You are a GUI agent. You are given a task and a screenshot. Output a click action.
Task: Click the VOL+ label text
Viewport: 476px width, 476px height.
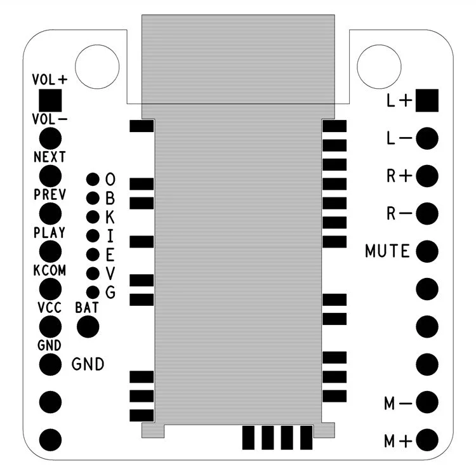tap(50, 79)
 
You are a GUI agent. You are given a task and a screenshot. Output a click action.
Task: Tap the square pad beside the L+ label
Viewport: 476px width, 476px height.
tap(427, 100)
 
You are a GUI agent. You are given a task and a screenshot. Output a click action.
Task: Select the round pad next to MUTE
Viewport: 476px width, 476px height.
tap(427, 251)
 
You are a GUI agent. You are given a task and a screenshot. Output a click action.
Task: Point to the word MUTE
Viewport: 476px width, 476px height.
tap(387, 251)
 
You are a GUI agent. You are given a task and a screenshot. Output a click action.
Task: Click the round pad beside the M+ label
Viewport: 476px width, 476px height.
tap(427, 440)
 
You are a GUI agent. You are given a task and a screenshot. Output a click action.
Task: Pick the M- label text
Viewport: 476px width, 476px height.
tap(399, 404)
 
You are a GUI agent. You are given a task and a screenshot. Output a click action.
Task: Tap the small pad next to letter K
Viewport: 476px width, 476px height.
tap(93, 217)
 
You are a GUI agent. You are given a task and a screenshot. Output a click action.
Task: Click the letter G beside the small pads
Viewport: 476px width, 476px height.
tap(110, 293)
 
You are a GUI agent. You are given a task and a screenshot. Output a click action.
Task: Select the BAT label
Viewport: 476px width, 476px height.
tap(87, 308)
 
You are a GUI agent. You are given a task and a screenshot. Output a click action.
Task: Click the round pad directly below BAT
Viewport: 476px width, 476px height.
tap(88, 327)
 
